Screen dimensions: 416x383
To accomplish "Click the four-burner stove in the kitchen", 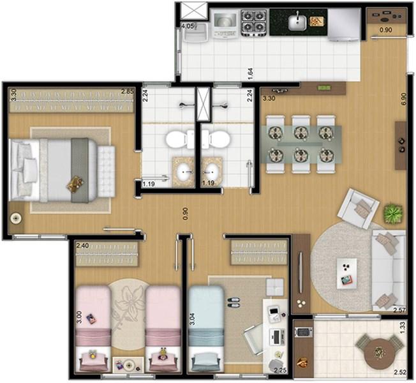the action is click(254, 23).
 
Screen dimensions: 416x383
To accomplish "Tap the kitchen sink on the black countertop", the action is click(297, 22).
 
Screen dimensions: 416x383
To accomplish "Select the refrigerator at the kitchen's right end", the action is click(344, 24).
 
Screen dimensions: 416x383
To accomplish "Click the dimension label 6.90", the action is click(404, 100).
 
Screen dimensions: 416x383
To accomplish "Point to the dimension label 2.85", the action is click(128, 91).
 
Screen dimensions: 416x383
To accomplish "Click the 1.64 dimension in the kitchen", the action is click(250, 73).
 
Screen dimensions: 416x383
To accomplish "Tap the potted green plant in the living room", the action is click(393, 213).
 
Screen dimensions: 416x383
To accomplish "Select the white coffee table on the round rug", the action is click(346, 273).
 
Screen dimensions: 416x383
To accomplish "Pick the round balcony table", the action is click(378, 352).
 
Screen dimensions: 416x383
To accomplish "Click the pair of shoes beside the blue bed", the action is click(234, 303).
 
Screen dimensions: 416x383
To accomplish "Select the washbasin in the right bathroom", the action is click(211, 172).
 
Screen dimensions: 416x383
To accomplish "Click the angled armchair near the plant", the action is click(358, 208).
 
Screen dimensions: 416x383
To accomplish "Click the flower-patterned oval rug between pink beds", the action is click(128, 313).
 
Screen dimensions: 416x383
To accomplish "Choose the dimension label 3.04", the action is click(192, 319).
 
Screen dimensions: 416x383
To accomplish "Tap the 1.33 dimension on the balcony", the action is click(403, 327).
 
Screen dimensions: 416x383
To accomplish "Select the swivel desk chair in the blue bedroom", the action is click(255, 340).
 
